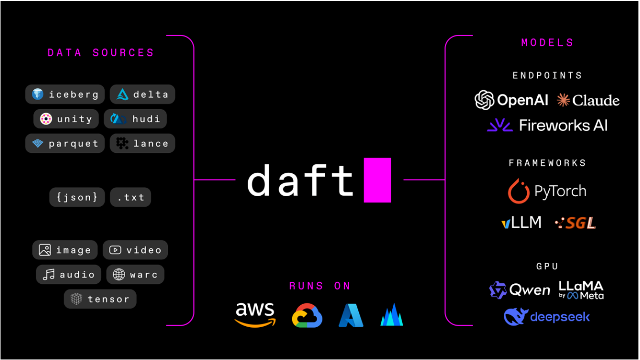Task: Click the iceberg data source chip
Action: coord(65,94)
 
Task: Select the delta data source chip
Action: coord(142,94)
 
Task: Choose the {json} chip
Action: coord(78,197)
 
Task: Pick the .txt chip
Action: coord(130,197)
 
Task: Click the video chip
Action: coord(136,250)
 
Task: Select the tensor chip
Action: coord(100,299)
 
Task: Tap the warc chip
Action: coord(136,274)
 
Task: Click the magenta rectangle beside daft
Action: coord(377,179)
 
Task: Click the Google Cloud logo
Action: coord(307,316)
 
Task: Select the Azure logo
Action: coord(351,316)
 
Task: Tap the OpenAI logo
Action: coord(511,100)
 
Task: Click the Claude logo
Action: coord(588,100)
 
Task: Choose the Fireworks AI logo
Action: coord(547,125)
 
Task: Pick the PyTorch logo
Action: coord(547,191)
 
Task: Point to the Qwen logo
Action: coord(520,290)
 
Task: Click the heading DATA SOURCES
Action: coord(101,53)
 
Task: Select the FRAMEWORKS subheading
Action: coord(547,163)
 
